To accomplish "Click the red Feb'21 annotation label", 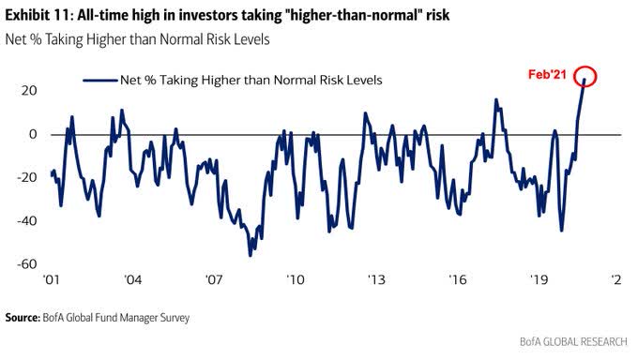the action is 547,74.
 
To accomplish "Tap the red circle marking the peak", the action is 585,66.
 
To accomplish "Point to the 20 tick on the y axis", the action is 29,90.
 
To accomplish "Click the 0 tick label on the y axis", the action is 33,134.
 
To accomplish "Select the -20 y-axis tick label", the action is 26,177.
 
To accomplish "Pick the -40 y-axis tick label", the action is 26,221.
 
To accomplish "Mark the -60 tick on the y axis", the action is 26,264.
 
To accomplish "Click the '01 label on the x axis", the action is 51,280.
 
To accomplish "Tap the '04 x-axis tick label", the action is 132,280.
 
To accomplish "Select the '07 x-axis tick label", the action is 214,280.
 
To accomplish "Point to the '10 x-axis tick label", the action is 295,280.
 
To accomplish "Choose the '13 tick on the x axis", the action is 376,280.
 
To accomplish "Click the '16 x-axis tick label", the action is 457,280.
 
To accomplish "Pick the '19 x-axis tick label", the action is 539,280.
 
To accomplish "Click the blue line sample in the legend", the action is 100,80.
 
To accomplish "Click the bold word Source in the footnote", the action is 23,318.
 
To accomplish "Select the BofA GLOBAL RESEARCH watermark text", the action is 573,341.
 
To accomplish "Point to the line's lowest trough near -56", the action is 251,255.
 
